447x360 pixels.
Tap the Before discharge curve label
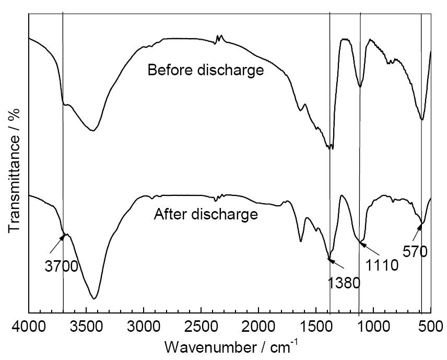205,70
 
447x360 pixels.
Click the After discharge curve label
205,214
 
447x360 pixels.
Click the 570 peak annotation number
415,252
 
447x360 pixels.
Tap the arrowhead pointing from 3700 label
63,236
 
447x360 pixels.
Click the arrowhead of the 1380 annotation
330,256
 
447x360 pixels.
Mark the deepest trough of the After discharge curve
95,298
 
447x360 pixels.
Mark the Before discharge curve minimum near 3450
92,130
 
